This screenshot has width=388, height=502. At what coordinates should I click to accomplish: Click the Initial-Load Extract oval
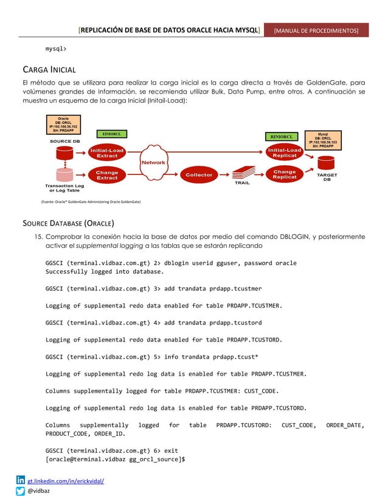[x=108, y=153]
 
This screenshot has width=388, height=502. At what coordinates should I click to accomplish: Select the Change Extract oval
[x=107, y=175]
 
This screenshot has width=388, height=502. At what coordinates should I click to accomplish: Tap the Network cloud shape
[x=153, y=163]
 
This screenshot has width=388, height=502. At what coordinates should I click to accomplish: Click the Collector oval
[x=199, y=175]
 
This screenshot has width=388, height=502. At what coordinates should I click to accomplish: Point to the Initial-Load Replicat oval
[x=285, y=153]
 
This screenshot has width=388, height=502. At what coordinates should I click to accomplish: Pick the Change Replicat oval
[x=285, y=175]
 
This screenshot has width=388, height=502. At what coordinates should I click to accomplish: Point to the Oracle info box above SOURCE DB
[x=63, y=125]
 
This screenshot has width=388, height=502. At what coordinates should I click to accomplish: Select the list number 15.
[x=38, y=236]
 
